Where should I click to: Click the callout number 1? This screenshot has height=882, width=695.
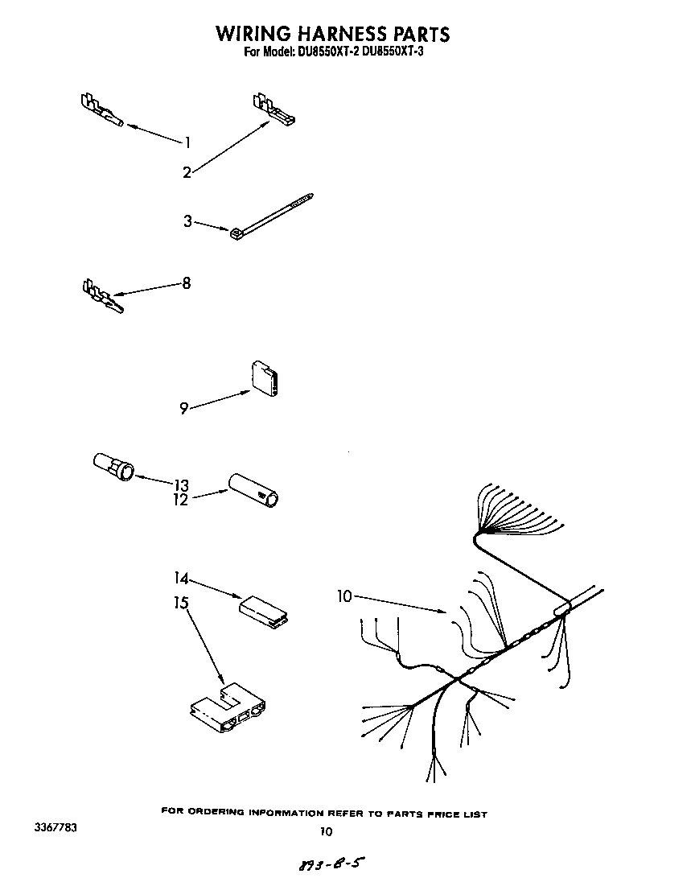pos(187,143)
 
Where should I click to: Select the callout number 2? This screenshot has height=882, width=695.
pos(187,171)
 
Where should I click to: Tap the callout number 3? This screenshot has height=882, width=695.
pos(187,221)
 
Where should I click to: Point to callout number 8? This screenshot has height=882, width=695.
pos(187,283)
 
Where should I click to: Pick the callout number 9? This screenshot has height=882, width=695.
pos(184,409)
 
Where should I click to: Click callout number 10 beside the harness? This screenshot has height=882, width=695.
pos(344,596)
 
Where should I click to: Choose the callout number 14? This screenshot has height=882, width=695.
pos(181,578)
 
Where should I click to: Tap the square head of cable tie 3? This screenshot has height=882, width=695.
pos(236,233)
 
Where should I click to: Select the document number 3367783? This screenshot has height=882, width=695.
pos(56,827)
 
